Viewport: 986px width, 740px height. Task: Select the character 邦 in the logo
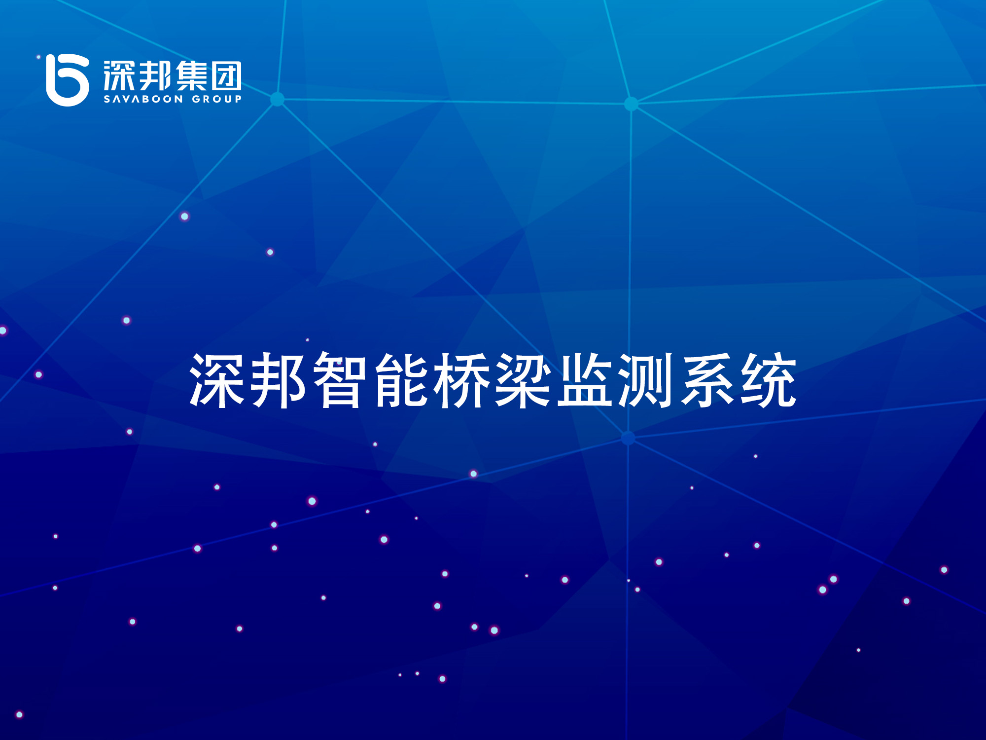coord(155,76)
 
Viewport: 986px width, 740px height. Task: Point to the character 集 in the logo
coord(191,76)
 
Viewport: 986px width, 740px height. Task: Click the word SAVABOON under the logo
coord(143,99)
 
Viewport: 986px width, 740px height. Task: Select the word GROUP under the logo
coord(217,99)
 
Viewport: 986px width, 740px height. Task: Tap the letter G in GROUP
coord(196,99)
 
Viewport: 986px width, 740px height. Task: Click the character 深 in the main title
coord(216,380)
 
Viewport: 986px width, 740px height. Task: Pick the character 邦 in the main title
coord(278,380)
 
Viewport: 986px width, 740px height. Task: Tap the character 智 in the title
coord(339,380)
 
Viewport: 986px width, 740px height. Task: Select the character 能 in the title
coord(400,380)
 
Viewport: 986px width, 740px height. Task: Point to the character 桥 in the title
coord(461,380)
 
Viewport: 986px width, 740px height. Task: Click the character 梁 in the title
coord(523,380)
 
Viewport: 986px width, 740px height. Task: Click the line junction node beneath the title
coord(628,438)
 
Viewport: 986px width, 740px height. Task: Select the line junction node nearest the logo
coord(278,99)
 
